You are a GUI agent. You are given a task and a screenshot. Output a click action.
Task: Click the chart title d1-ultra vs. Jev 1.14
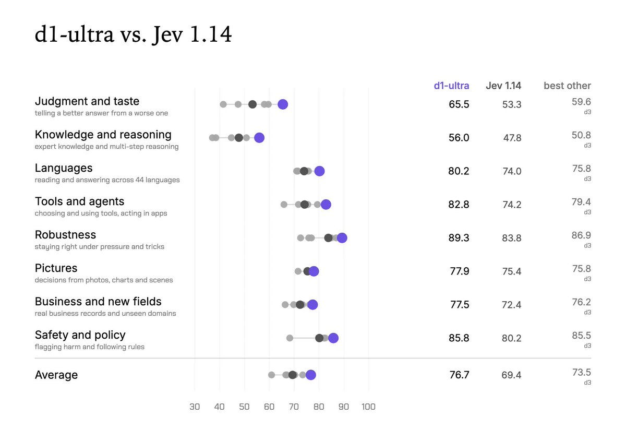(x=133, y=34)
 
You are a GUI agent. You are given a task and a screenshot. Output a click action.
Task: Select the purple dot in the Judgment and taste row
(x=283, y=104)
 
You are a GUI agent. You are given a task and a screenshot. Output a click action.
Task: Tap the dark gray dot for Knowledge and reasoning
(x=239, y=138)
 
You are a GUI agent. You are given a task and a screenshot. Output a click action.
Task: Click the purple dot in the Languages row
(x=319, y=171)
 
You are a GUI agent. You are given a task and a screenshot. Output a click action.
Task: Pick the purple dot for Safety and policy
(x=333, y=338)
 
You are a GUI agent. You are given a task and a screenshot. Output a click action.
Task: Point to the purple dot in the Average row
(x=311, y=375)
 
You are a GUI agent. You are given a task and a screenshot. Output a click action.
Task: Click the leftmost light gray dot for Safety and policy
(x=290, y=338)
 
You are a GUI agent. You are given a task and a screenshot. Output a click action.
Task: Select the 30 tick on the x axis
(x=195, y=407)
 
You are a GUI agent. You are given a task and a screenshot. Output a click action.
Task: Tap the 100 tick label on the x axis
(x=368, y=407)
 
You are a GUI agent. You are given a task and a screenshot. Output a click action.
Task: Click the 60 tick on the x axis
(x=269, y=407)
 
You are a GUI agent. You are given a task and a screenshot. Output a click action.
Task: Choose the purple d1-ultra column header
(x=451, y=86)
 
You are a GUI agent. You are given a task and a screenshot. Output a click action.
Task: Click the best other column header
(x=568, y=86)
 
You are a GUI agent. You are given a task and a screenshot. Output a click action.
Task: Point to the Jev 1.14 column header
(x=503, y=86)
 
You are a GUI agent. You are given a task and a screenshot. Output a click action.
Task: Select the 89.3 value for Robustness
(x=459, y=237)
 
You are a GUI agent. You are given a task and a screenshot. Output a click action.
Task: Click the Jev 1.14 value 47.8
(x=512, y=138)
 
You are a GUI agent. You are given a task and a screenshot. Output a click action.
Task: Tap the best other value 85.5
(x=581, y=335)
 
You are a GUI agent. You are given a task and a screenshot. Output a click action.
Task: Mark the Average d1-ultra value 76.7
(x=459, y=375)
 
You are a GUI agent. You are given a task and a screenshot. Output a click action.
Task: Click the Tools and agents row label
(x=79, y=201)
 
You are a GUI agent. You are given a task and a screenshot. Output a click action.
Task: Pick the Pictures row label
(x=56, y=268)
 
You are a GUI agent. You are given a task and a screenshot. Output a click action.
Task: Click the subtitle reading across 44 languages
(x=107, y=180)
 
